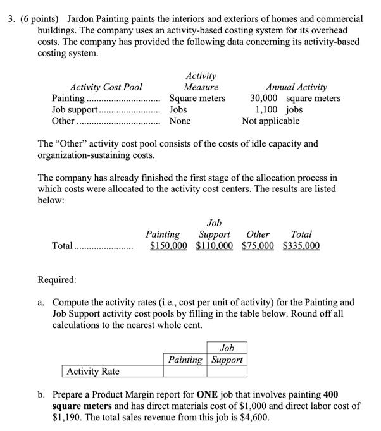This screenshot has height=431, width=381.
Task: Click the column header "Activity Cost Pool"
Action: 106,87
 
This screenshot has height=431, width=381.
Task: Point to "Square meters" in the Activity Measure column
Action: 197,98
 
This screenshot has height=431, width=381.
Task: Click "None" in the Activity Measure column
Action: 180,121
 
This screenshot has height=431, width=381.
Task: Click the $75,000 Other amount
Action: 259,246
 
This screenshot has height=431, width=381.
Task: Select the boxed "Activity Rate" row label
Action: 93,371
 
